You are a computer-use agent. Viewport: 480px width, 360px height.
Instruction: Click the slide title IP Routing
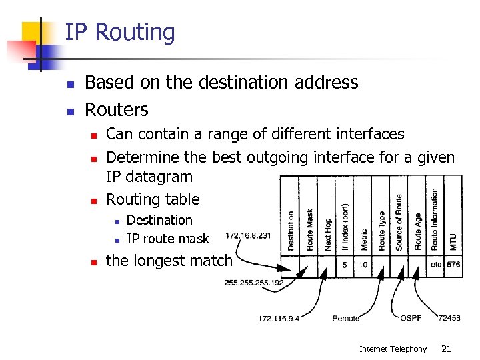point(120,33)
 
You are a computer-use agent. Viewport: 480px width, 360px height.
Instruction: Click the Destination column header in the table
point(291,231)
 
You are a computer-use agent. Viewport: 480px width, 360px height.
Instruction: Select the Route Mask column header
point(309,229)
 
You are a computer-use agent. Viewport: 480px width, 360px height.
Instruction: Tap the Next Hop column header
point(328,234)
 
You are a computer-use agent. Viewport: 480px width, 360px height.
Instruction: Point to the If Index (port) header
point(345,227)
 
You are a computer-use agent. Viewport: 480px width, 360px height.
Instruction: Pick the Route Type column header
point(382,231)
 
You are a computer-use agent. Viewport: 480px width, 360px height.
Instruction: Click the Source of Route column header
point(399,223)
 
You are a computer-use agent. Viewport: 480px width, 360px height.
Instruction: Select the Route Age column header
point(418,231)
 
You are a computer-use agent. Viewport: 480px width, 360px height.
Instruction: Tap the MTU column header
point(453,241)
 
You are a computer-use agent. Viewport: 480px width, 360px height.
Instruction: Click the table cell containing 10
point(363,265)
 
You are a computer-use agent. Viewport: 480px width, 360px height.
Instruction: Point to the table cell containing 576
point(453,265)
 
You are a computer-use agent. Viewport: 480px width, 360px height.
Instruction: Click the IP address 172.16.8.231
point(248,235)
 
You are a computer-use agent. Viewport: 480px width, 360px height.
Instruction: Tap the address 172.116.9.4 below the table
point(279,319)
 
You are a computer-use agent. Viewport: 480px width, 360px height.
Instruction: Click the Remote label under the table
point(346,319)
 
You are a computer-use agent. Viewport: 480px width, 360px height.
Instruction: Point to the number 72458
point(449,318)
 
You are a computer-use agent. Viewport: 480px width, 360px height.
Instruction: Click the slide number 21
point(446,349)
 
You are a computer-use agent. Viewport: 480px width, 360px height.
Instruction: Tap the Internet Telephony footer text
point(393,349)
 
